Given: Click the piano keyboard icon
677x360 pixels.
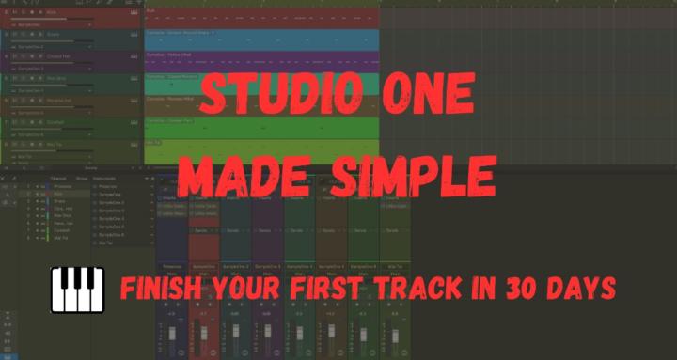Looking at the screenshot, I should point(75,289).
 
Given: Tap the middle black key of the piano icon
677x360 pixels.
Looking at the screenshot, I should point(75,280).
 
